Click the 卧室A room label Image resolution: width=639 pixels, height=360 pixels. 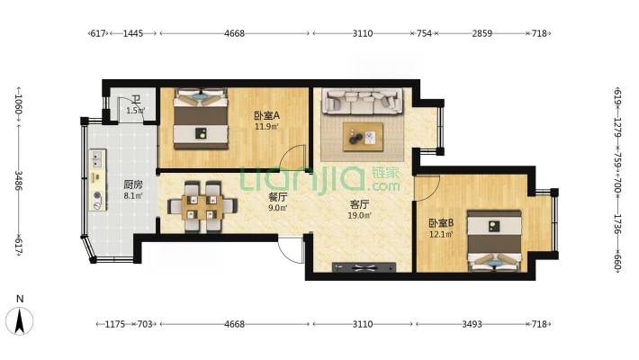267,116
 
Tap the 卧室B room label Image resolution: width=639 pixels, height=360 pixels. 441,223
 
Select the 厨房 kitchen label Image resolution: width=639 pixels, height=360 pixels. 133,184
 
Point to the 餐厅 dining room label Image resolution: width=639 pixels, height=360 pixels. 277,197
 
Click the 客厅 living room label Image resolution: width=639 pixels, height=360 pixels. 359,204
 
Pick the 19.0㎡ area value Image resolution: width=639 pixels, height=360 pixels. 359,216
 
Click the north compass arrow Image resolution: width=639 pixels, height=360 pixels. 20,321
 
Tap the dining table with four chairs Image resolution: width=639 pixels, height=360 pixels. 202,207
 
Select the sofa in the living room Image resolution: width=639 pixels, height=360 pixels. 363,101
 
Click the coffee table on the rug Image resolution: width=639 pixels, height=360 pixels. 363,137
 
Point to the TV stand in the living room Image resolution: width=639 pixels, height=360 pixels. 364,267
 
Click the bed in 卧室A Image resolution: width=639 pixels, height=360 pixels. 201,119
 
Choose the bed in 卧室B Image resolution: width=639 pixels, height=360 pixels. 494,240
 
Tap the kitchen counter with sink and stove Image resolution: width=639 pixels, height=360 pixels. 97,180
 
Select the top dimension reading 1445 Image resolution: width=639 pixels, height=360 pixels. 133,33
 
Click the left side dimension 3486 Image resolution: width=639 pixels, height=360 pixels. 19,180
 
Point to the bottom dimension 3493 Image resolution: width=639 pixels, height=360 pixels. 472,324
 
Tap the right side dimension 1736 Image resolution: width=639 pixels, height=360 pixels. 617,224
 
